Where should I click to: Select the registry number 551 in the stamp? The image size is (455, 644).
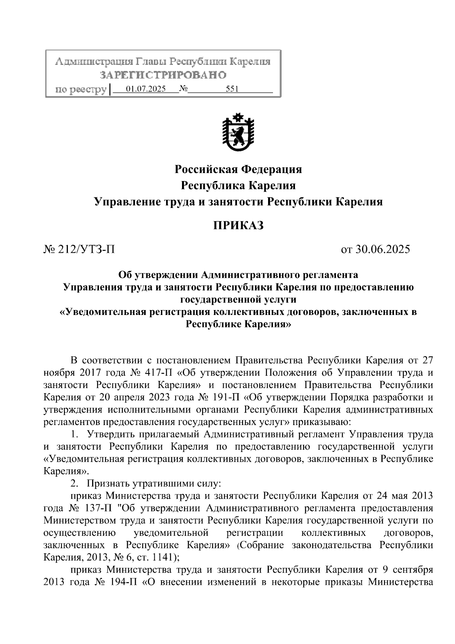(232, 90)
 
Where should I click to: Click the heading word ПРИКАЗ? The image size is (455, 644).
(238, 226)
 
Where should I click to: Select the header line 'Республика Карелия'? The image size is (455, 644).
(238, 186)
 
